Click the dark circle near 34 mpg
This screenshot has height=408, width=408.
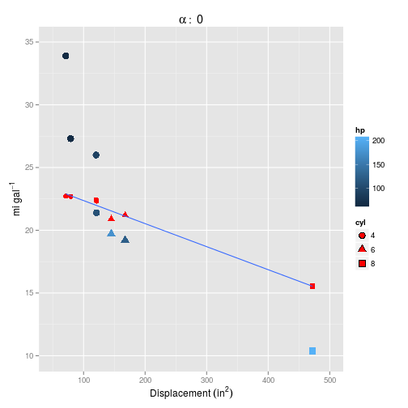pos(66,56)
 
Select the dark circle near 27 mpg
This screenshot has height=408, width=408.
pos(70,138)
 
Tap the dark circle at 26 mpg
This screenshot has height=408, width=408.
pos(96,155)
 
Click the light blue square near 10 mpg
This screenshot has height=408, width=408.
pos(312,351)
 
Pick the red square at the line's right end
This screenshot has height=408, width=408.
pos(312,286)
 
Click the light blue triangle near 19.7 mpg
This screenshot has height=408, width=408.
pos(112,233)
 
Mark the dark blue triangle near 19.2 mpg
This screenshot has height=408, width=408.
pos(125,240)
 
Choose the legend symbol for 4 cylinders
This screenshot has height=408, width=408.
pos(362,235)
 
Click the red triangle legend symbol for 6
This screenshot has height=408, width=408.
pos(362,249)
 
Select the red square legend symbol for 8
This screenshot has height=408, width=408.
pos(362,263)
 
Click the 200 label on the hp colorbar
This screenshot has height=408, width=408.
pos(377,140)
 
